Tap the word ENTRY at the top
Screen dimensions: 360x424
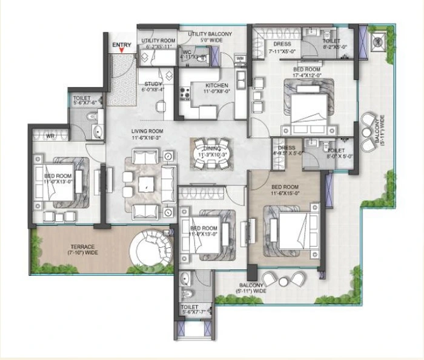pos(121,45)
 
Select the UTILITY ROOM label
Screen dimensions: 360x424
pos(158,41)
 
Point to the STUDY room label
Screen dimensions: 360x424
pos(153,85)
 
